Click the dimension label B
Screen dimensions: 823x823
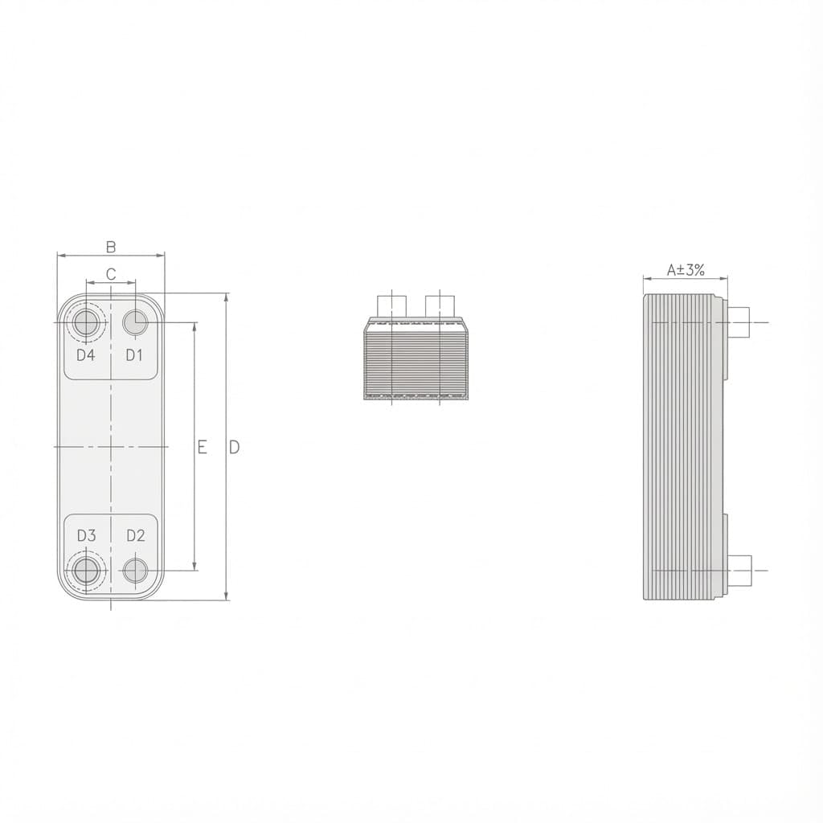pyautogui.click(x=111, y=246)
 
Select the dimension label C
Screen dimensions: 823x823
pyautogui.click(x=111, y=274)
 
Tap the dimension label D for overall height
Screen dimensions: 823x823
pyautogui.click(x=235, y=447)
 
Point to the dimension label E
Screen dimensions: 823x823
pyautogui.click(x=203, y=447)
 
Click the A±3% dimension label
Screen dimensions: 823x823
pyautogui.click(x=686, y=270)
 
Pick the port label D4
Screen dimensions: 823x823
pyautogui.click(x=86, y=354)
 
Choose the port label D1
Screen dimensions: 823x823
pyautogui.click(x=134, y=354)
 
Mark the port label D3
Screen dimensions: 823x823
pyautogui.click(x=86, y=535)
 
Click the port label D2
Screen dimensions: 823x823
pyautogui.click(x=136, y=535)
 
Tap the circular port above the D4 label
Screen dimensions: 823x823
pyautogui.click(x=86, y=323)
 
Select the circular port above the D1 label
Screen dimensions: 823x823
pyautogui.click(x=134, y=322)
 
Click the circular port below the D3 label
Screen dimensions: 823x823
pyautogui.click(x=86, y=571)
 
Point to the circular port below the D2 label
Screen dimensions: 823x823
pyautogui.click(x=136, y=571)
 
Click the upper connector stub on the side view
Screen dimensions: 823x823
pyautogui.click(x=739, y=322)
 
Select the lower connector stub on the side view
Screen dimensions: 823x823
pyautogui.click(x=739, y=571)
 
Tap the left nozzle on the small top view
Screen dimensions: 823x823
pyautogui.click(x=391, y=306)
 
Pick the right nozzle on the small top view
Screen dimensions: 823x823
pyautogui.click(x=440, y=306)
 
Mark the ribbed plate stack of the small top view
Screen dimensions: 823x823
pyautogui.click(x=416, y=363)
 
